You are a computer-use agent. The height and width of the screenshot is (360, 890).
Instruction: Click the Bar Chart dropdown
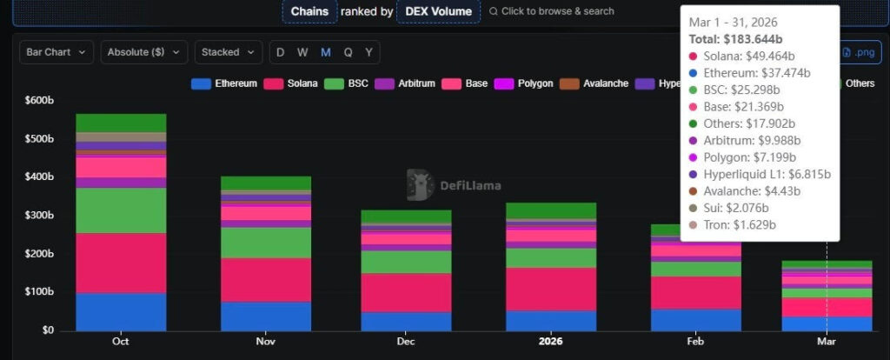pos(56,52)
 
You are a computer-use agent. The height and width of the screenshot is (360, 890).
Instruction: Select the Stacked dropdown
pos(228,52)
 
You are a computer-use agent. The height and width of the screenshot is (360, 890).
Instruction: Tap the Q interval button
pos(348,52)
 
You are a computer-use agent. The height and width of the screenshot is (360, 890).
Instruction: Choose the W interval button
pos(302,52)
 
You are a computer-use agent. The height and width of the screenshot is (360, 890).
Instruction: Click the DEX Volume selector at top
pos(438,11)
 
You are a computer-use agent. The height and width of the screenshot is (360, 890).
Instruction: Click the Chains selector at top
pos(309,11)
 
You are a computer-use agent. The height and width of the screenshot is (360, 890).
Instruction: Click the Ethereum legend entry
pos(224,83)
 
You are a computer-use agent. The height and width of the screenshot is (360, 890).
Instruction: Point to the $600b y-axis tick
pos(39,100)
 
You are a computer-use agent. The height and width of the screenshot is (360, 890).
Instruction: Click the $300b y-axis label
pos(39,216)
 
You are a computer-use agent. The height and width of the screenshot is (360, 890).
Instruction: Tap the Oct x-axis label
pos(121,342)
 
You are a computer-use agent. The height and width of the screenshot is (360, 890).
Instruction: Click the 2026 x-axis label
pos(551,342)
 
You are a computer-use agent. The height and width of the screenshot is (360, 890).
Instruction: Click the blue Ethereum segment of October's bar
pos(121,311)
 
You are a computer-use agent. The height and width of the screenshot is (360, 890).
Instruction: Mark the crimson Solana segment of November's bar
pos(265,279)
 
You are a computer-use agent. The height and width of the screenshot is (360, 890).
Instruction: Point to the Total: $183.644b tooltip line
pos(737,39)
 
